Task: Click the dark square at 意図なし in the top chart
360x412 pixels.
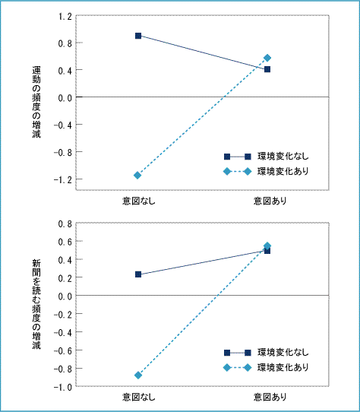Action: click(x=138, y=36)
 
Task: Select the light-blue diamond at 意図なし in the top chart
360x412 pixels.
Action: click(x=137, y=176)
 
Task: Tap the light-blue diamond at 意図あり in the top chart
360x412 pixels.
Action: click(x=267, y=58)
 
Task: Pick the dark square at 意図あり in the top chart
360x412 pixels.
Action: click(x=267, y=69)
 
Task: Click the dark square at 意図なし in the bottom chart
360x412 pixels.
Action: click(x=138, y=274)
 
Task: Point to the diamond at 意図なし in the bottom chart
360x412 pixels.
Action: click(x=138, y=375)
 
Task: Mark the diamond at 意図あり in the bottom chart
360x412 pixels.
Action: click(x=267, y=246)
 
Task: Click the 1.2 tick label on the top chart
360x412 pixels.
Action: click(x=65, y=17)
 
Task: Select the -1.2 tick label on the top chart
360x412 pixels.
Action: click(x=63, y=180)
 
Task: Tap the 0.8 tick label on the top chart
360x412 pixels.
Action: click(x=65, y=43)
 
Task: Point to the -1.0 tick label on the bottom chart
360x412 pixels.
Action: click(x=63, y=387)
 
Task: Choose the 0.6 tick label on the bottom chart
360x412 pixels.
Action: click(x=65, y=242)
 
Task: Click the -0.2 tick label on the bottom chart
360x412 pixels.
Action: click(x=63, y=314)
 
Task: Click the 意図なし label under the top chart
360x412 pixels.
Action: click(x=139, y=201)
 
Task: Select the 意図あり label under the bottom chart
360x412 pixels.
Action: click(x=270, y=397)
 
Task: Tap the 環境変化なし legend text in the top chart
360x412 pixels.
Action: click(x=283, y=157)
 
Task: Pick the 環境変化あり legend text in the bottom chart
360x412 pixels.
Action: click(x=283, y=367)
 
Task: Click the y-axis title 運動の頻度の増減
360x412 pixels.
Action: click(x=36, y=102)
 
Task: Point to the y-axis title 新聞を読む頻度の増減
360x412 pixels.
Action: click(x=36, y=304)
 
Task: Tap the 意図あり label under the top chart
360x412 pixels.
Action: click(x=270, y=201)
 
